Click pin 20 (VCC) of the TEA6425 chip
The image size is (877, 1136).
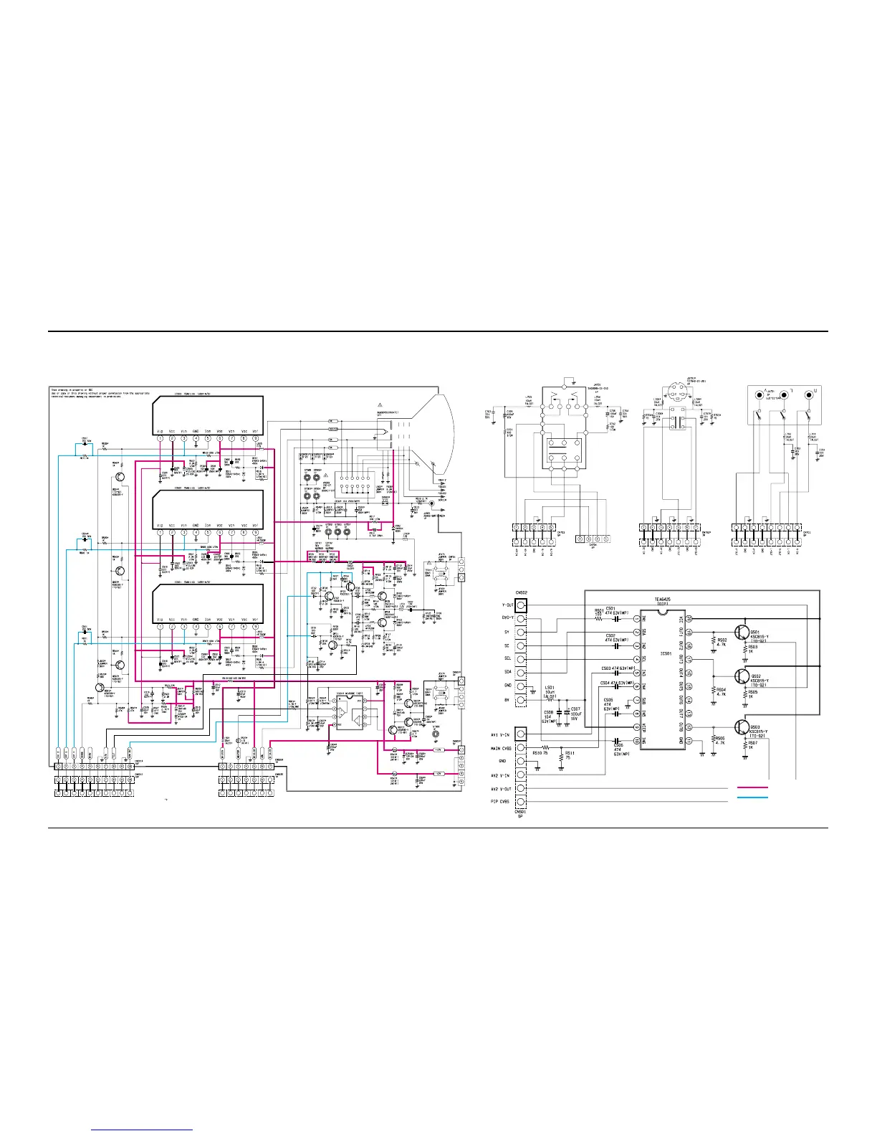689,618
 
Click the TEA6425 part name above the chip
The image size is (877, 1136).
663,600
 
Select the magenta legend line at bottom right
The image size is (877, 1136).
752,787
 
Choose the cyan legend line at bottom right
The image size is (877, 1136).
752,797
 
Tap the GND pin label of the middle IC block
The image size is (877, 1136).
196,524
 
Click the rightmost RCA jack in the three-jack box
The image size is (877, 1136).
810,394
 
